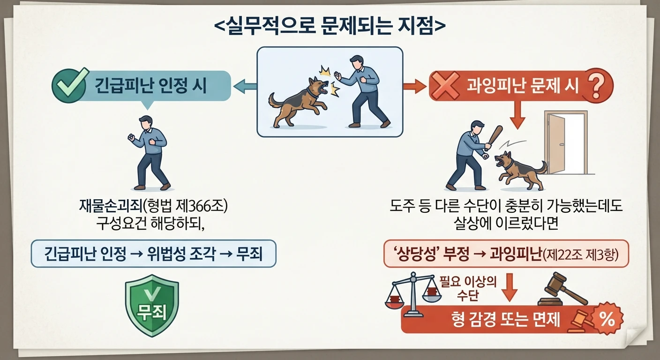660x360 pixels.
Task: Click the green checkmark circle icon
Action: [69, 85]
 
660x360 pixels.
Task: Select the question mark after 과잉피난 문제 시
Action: [595, 85]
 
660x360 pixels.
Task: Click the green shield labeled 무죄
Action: [152, 306]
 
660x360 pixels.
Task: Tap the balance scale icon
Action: [413, 294]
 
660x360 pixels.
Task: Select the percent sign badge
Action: [607, 318]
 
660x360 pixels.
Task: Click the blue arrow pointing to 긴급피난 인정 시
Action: [245, 86]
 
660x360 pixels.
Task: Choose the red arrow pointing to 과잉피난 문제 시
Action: [414, 86]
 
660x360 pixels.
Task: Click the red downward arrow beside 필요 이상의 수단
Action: [510, 288]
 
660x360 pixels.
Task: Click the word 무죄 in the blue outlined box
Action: [249, 254]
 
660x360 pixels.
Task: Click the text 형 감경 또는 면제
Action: [506, 319]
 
